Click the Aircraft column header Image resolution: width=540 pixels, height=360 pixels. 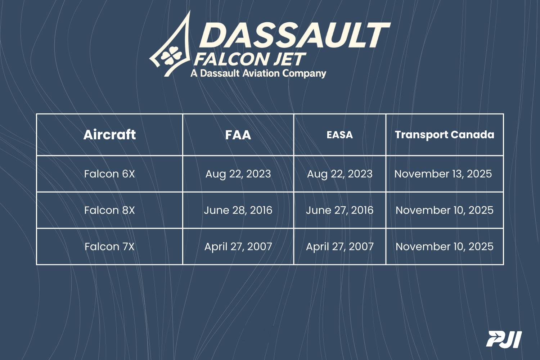pos(109,135)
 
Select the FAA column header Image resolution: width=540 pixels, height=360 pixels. pos(238,135)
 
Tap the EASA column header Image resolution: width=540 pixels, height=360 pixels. pos(340,135)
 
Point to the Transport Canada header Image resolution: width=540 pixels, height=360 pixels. pos(445,135)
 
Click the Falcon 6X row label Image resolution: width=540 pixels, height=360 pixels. pos(109,174)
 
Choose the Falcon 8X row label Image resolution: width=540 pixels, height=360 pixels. pos(109,210)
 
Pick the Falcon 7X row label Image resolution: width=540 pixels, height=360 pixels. pos(109,247)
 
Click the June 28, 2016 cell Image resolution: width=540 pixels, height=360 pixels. pos(238,210)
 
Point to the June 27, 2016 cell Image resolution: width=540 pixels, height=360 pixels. pos(340,210)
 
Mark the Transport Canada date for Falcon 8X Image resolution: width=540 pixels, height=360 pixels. pos(445,210)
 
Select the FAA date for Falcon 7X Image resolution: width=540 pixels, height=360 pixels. pos(238,247)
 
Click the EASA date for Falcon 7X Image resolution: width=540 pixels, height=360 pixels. pos(340,247)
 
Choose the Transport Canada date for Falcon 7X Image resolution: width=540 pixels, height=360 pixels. pos(445,247)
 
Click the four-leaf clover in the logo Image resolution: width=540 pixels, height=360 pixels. pos(171,55)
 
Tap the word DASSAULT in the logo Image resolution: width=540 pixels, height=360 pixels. pos(294,35)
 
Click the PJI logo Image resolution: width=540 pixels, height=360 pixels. pos(504,339)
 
